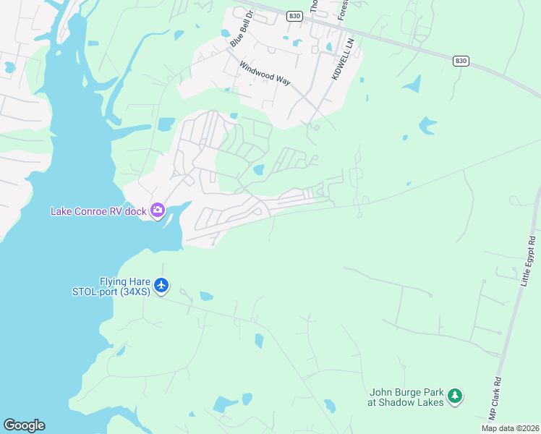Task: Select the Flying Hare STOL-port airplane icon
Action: click(161, 286)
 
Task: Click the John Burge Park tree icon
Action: click(454, 396)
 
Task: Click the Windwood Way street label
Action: click(265, 72)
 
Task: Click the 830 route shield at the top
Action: click(294, 15)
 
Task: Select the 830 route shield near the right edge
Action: click(460, 61)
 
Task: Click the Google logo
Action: click(24, 425)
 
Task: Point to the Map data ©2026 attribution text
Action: click(509, 428)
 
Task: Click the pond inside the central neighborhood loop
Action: click(258, 171)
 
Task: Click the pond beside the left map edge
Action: click(9, 67)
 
